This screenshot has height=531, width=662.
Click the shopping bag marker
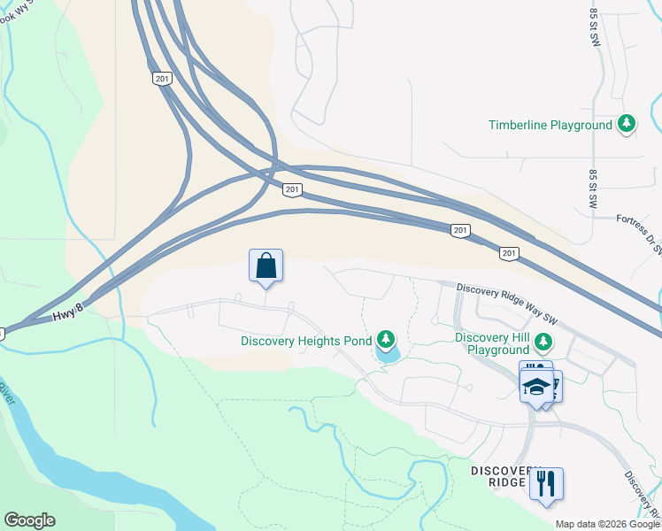[266, 265]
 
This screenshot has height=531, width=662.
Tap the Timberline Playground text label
[550, 125]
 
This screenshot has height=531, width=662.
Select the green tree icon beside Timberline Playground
[627, 124]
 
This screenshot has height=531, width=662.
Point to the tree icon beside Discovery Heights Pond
[385, 339]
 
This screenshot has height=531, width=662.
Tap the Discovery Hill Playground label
[497, 343]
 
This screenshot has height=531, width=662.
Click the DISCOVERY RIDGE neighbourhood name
[504, 475]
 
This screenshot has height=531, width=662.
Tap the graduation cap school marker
[536, 385]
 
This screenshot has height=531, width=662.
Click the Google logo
[29, 520]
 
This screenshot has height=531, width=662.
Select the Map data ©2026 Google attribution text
[607, 524]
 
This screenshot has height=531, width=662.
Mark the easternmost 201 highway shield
[508, 253]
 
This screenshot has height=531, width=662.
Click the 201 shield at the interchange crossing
[293, 189]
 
